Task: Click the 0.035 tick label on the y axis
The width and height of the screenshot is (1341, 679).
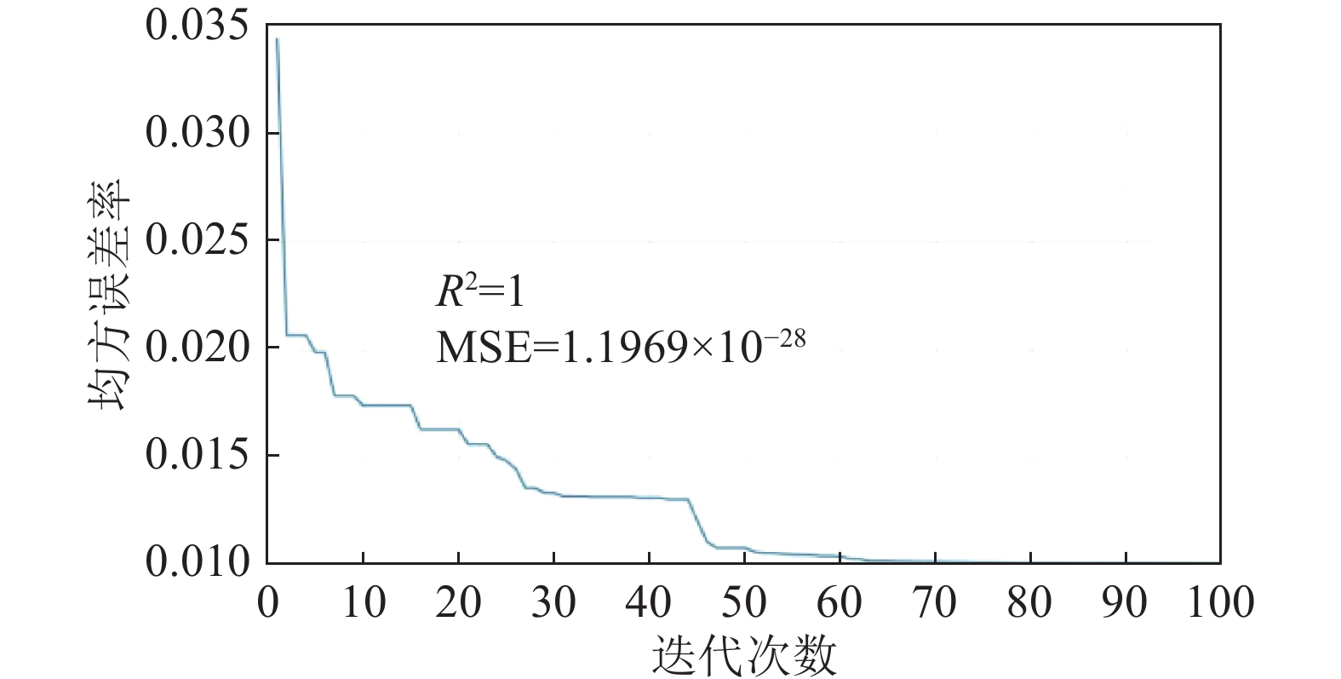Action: [x=198, y=26]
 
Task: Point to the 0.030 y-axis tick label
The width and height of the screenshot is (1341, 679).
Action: [x=198, y=133]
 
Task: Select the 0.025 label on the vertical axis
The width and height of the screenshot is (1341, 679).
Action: [x=198, y=240]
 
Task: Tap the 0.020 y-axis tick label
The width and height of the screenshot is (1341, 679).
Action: [x=198, y=348]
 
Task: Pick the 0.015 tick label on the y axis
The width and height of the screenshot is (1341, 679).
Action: [x=198, y=455]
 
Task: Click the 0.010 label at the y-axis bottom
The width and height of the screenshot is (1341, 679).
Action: [x=198, y=562]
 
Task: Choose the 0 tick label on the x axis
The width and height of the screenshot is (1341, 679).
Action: [x=267, y=603]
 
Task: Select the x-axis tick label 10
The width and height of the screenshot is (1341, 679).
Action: [x=363, y=603]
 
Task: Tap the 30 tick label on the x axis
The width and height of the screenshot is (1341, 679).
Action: [x=553, y=603]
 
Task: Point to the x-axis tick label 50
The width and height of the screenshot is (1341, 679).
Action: [x=744, y=603]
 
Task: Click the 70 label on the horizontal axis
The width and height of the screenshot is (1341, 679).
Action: [x=935, y=603]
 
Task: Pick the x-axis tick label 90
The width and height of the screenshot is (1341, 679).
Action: [x=1126, y=603]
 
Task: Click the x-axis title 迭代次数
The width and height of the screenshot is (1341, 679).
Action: [x=745, y=656]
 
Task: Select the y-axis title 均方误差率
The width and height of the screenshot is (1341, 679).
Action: [x=109, y=294]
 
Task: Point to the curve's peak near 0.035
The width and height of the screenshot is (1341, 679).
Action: [x=277, y=39]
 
